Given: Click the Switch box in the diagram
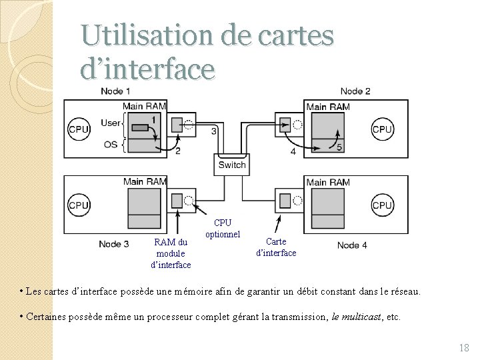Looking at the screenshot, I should click(x=232, y=165).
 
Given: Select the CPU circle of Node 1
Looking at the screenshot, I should click(x=79, y=129).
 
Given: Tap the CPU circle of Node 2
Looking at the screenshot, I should click(x=382, y=129).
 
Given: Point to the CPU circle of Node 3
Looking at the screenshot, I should click(x=79, y=205).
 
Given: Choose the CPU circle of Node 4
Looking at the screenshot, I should click(x=382, y=205).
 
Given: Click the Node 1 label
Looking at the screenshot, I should click(x=115, y=91).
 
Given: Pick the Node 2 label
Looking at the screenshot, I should click(x=355, y=91).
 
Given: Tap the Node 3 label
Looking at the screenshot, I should click(x=114, y=244).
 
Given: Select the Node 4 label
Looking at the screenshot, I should click(x=352, y=245).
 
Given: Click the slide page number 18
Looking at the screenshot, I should click(x=464, y=347).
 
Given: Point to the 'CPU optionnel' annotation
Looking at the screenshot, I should click(x=223, y=229).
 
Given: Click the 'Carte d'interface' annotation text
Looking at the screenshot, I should click(x=276, y=247).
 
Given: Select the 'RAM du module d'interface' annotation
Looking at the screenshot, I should click(x=171, y=253).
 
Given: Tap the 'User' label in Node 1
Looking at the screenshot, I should click(x=111, y=123).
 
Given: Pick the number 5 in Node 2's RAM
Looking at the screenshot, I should click(x=339, y=147).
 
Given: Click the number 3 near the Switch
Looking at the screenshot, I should click(x=213, y=131).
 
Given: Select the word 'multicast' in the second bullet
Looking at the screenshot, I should click(x=363, y=317).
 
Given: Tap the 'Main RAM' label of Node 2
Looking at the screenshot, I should click(x=327, y=107).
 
